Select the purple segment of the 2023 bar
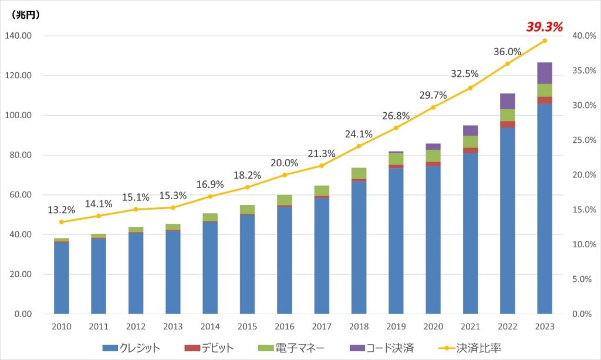(544, 73)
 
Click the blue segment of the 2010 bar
(61, 277)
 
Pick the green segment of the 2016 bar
(284, 200)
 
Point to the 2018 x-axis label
(359, 326)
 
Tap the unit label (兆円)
(26, 15)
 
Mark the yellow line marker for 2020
(433, 107)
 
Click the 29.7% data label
(433, 95)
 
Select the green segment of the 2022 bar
(508, 115)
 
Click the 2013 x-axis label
(173, 326)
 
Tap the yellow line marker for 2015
(247, 187)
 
